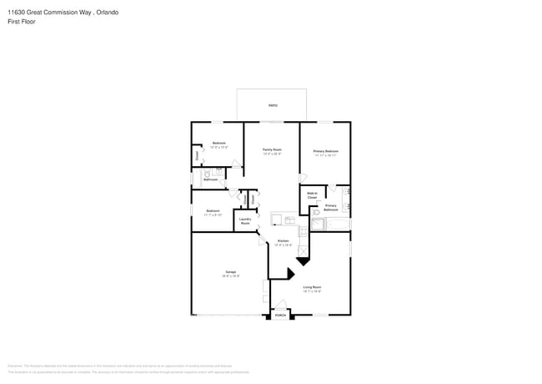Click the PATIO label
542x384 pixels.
point(273,106)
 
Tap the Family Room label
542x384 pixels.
point(272,151)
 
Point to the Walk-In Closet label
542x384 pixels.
point(312,195)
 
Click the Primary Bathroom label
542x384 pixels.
point(331,207)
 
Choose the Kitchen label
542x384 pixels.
point(284,243)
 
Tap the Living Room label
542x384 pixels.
point(312,289)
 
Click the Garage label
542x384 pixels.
point(230,273)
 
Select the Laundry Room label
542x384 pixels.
point(245,221)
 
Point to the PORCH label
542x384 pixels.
point(281,316)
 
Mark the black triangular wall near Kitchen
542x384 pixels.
point(292,273)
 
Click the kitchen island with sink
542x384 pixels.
point(283,220)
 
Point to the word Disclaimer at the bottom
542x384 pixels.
point(15,366)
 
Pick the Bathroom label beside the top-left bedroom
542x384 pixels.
point(211,179)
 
